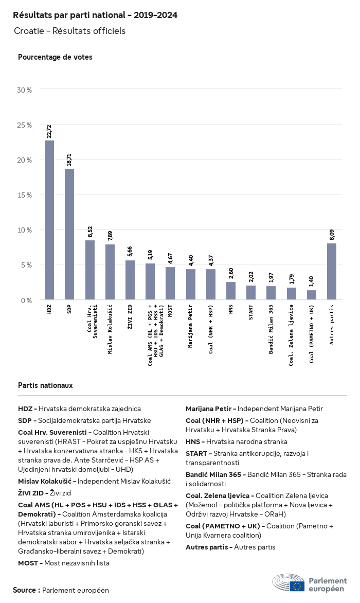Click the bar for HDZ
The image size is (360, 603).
point(49,220)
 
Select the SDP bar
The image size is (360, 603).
point(69,234)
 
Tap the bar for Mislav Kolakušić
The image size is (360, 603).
point(110,272)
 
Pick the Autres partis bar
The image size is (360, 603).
point(332,272)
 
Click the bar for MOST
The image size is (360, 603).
point(170,283)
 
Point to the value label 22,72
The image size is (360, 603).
point(49,132)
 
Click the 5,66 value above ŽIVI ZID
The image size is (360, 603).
point(130,252)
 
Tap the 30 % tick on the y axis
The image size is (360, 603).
point(25,90)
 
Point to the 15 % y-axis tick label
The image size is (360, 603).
point(25,195)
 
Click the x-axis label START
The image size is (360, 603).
point(251,313)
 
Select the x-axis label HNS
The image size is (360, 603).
point(231,310)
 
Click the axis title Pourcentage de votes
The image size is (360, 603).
point(55,57)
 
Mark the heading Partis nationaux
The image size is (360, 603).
point(45,385)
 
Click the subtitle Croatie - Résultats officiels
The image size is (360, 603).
point(69,31)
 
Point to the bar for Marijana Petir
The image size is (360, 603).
point(191,285)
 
